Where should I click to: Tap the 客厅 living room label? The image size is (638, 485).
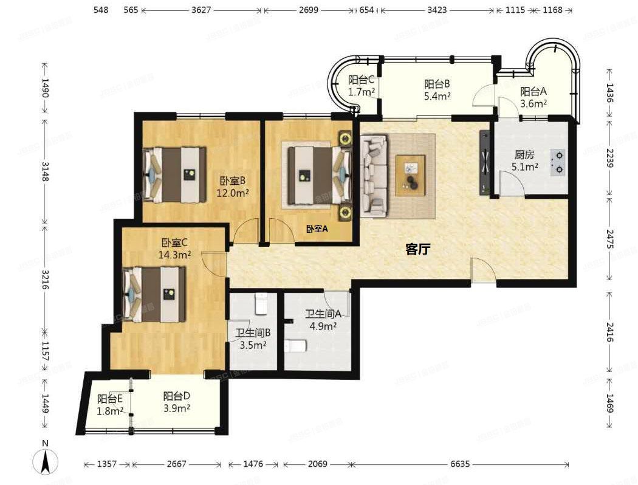tap(418, 249)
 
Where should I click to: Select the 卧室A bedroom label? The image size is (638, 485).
tap(317, 229)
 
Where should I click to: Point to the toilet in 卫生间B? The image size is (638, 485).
tap(261, 304)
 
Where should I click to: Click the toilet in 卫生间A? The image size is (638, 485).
tap(296, 346)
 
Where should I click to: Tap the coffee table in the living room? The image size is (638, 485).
tap(410, 176)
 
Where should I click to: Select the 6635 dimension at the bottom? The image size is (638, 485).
tap(460, 464)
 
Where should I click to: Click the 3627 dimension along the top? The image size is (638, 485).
tap(201, 10)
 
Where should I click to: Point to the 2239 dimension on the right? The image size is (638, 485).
tap(609, 158)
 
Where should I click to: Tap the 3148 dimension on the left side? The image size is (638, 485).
tap(45, 172)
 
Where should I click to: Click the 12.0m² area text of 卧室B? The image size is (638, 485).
tap(232, 193)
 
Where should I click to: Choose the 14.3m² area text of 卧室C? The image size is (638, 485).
tap(174, 255)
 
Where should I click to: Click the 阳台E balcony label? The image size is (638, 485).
tap(110, 399)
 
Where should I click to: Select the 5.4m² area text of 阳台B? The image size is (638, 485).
tap(437, 97)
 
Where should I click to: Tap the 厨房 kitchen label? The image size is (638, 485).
tap(524, 154)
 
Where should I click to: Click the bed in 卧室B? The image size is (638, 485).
tap(174, 174)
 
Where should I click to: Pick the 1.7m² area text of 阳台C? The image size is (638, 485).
tap(362, 92)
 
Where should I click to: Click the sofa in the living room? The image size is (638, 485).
tap(374, 176)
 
